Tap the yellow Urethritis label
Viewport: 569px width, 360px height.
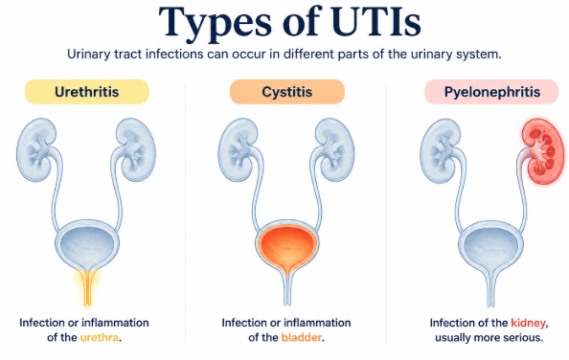87,92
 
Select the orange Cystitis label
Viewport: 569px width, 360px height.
287,92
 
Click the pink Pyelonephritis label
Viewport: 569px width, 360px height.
491,92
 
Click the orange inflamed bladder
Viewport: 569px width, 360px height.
287,247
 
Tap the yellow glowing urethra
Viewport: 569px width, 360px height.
87,287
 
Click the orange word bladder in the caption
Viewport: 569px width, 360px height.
302,338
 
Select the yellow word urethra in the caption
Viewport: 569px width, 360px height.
100,338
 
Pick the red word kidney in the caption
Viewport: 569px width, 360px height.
528,323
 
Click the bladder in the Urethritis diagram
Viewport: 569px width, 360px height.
87,245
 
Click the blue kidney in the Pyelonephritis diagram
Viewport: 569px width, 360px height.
440,150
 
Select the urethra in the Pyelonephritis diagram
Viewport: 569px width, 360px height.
491,290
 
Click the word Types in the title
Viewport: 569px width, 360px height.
215,22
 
